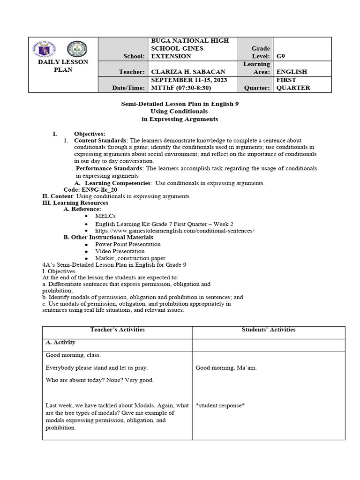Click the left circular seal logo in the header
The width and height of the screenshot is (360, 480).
coord(45,49)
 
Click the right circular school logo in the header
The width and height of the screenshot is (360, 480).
coord(77,49)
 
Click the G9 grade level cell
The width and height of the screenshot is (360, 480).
coord(281,56)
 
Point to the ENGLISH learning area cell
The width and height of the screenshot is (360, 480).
coord(292,72)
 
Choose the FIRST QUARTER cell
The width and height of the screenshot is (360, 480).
coord(293,84)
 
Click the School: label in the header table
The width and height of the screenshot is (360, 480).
coord(134,56)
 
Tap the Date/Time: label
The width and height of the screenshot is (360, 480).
coord(129,88)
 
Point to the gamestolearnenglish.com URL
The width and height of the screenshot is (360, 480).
coord(175,231)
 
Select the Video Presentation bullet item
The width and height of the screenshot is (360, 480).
coord(120,251)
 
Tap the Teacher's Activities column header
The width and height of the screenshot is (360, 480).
coord(117,330)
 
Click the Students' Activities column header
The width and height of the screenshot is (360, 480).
coord(269,330)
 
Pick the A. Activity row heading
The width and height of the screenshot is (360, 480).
coord(61,343)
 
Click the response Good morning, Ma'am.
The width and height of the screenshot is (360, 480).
coord(226,367)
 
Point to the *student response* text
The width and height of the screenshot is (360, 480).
coord(220,405)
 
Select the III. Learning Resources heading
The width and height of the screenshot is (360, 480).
coord(75,203)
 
